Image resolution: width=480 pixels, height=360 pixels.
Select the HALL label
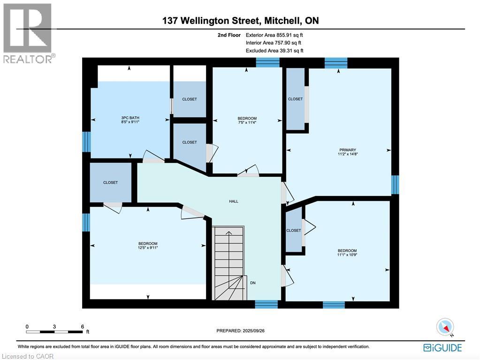[x=233, y=201]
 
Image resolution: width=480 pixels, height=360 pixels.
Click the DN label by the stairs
[x=252, y=283]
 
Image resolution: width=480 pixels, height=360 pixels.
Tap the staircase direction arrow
[x=229, y=233]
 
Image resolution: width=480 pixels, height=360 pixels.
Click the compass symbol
[x=445, y=327]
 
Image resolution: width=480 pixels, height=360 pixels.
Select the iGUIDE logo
[x=442, y=347]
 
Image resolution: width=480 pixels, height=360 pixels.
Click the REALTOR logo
[x=28, y=33]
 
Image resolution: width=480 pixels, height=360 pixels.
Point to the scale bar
[x=55, y=331]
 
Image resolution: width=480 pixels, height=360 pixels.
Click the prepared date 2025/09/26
[x=240, y=330]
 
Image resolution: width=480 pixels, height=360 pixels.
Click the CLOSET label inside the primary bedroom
[x=295, y=99]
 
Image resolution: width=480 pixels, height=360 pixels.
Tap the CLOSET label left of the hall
[x=111, y=182]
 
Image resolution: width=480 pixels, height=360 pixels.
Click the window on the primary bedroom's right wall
[x=395, y=185]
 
